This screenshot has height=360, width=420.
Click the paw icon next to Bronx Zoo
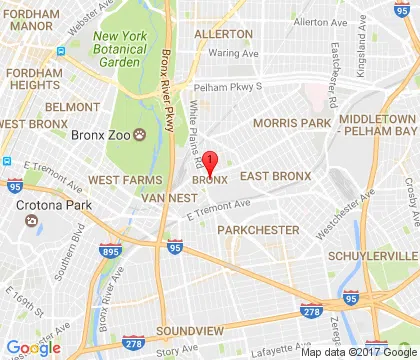(141, 134)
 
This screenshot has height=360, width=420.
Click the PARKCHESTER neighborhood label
(259, 230)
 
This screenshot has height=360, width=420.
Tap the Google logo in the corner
(33, 348)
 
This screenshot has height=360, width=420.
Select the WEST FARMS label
(122, 179)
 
